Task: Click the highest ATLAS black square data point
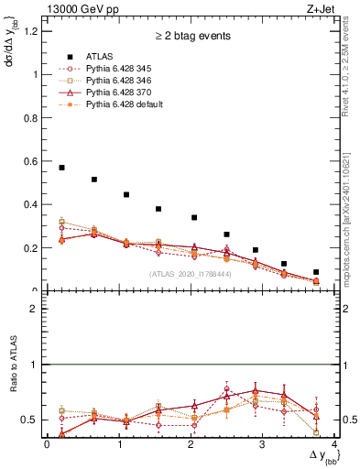pos(61,168)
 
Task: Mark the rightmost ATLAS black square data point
pos(316,272)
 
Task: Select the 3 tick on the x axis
pos(263,444)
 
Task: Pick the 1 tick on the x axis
pos(119,444)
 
